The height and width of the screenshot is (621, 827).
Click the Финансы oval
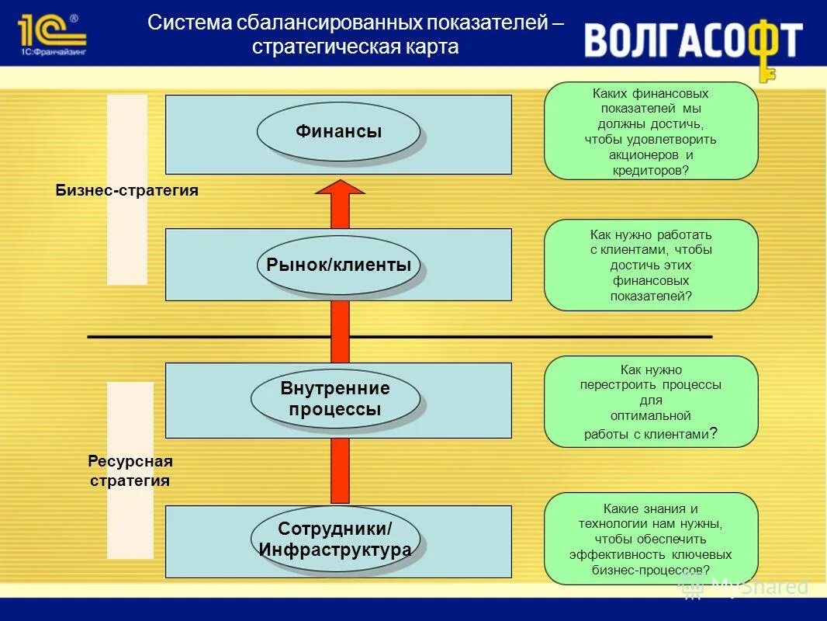pos(338,132)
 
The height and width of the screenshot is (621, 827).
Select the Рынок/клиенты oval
pos(338,265)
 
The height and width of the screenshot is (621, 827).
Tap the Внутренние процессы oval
pos(335,399)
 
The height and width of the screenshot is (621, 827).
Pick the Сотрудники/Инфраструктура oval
pos(335,539)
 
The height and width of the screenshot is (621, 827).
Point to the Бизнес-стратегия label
pos(127,190)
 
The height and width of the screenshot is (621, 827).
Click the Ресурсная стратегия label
pos(130,470)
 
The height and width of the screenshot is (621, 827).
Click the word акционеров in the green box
pos(640,154)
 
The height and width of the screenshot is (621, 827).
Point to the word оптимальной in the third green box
pos(650,416)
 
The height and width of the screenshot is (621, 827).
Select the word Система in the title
pos(180,23)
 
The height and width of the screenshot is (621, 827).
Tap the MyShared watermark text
pos(759,586)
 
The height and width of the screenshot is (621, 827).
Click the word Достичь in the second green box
pos(614,265)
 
